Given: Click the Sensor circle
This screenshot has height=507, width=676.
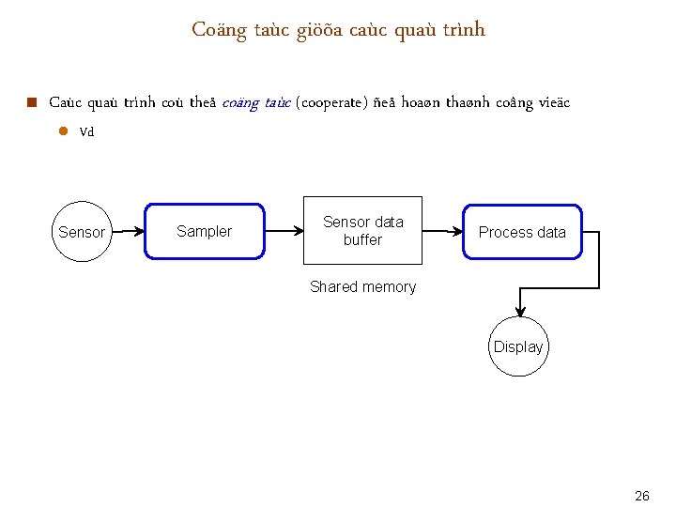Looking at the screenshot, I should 82,231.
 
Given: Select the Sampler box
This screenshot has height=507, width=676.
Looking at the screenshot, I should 204,231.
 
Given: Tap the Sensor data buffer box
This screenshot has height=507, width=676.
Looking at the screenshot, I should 362,231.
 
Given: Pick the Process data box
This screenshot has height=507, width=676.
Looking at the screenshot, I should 522,232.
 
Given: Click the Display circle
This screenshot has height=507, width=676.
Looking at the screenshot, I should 518,346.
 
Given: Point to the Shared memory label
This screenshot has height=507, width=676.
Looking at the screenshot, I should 362,287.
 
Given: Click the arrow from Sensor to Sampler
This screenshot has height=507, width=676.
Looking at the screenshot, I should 129,229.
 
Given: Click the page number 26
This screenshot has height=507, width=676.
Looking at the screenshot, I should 642,496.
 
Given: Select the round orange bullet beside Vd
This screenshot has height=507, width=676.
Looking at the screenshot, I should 64,131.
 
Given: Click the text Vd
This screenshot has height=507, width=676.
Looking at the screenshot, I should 87,132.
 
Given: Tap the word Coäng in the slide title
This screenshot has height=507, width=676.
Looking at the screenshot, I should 219,30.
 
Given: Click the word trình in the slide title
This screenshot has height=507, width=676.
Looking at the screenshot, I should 466,30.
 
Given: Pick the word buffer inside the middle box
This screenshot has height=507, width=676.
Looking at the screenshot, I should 362,240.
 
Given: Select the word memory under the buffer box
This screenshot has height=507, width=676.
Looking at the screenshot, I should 388,287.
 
